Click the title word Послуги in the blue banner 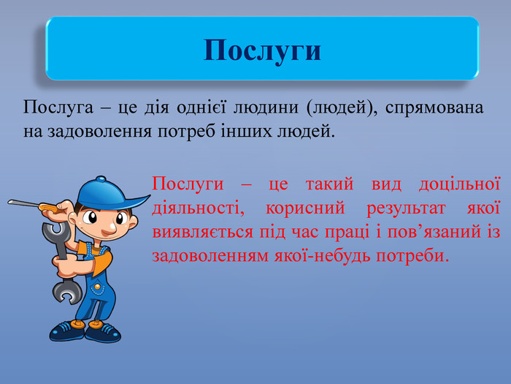pyautogui.click(x=262, y=50)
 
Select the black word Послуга pyautogui.click(x=58, y=107)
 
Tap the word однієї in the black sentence pyautogui.click(x=201, y=107)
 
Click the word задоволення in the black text pyautogui.click(x=100, y=132)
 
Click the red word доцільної pyautogui.click(x=459, y=184)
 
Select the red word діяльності pyautogui.click(x=198, y=208)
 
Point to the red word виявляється pyautogui.click(x=203, y=232)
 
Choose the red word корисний pyautogui.click(x=305, y=208)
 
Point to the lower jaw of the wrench pyautogui.click(x=67, y=292)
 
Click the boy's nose pyautogui.click(x=109, y=228)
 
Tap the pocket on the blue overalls pyautogui.click(x=97, y=287)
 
